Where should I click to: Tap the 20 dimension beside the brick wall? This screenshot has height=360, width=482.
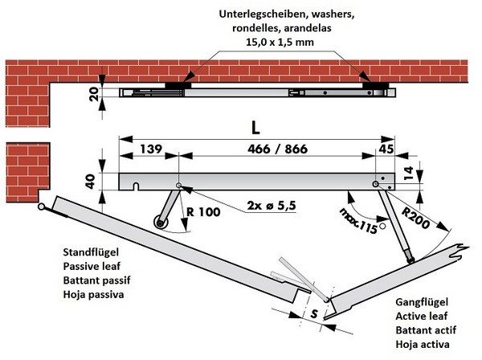coord(95,95)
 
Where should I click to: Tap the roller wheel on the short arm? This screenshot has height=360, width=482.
coord(158,221)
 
